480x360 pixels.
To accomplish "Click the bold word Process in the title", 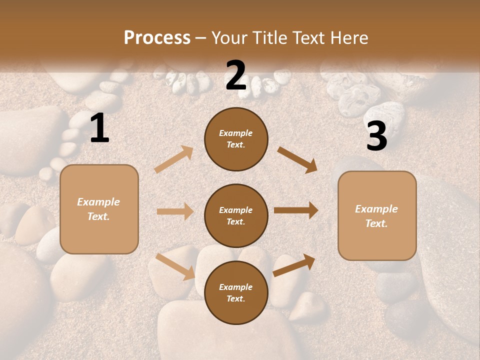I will click(157, 37).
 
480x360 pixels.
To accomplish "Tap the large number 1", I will click(99, 128).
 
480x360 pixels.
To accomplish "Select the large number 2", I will click(236, 75).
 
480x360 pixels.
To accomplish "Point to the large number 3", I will click(376, 136).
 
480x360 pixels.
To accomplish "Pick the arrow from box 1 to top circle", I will click(174, 159).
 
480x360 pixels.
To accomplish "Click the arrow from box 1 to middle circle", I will click(175, 211).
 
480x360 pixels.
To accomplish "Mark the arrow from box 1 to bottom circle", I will click(175, 266).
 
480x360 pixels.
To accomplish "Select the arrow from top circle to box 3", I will click(297, 160).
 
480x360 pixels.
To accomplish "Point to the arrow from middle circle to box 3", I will click(296, 210).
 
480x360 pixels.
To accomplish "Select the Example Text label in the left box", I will click(98, 209).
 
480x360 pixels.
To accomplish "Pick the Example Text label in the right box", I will click(376, 216).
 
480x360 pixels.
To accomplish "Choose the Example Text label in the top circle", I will click(236, 139).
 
